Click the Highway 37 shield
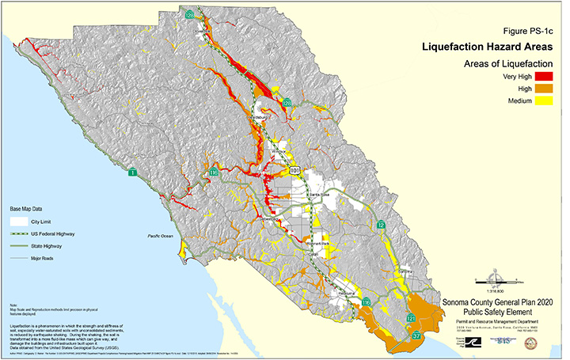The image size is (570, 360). point(417,336)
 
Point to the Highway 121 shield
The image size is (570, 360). point(411,318)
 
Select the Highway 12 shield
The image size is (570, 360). point(381,225)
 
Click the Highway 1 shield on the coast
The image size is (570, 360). point(133,172)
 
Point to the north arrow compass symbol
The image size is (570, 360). point(497,278)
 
